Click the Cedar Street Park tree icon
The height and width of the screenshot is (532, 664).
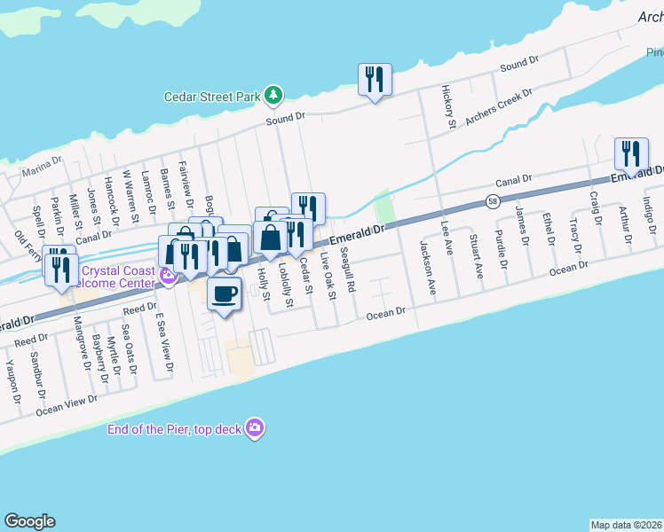[x=275, y=94]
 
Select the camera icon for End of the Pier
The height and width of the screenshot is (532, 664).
[x=256, y=428]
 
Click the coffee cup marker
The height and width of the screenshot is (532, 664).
[x=224, y=293]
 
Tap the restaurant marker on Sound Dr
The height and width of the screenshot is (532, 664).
[x=374, y=80]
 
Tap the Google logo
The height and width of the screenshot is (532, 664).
[x=28, y=521]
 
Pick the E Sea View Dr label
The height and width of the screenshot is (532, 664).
[x=162, y=340]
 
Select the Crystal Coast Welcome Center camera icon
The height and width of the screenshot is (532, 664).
[x=169, y=278]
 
